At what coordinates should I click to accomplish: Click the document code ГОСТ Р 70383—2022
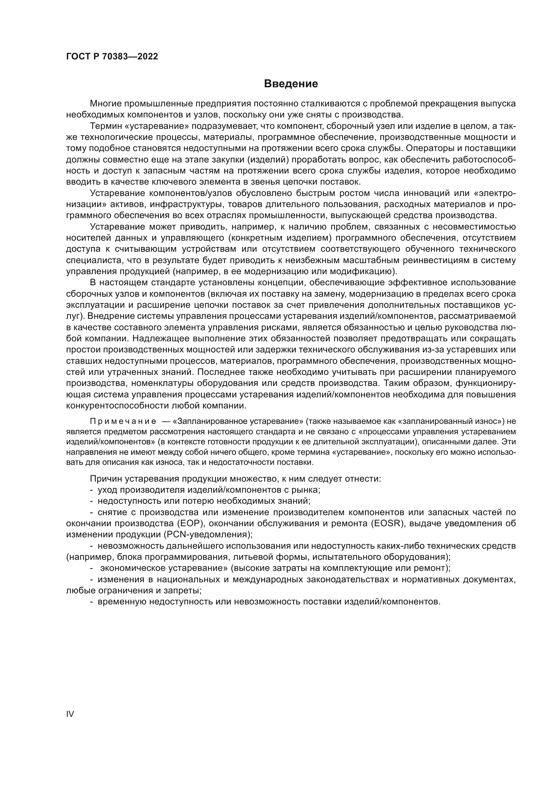coord(112,57)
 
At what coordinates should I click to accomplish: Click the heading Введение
coord(291,84)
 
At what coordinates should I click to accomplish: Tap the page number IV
coord(70,714)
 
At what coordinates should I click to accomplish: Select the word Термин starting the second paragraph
coord(105,126)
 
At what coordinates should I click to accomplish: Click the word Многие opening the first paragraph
coord(106,104)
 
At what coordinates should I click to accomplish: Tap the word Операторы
coord(429,148)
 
